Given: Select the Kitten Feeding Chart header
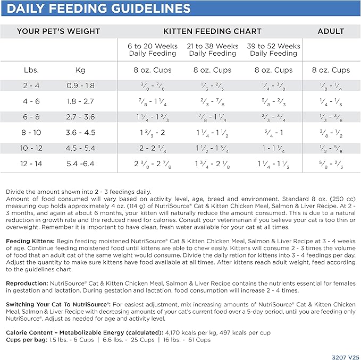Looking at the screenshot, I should click(213, 31).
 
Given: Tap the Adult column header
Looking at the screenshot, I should click(331, 31).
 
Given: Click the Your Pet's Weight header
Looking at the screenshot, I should click(58, 31).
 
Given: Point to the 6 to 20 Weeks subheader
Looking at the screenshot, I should click(152, 50).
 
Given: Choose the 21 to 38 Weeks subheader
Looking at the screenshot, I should click(213, 50).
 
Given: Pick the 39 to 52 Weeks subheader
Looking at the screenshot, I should click(273, 50).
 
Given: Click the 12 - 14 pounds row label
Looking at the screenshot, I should click(31, 164).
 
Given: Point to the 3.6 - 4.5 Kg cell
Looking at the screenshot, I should click(81, 133).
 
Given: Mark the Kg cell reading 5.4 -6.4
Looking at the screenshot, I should click(81, 164).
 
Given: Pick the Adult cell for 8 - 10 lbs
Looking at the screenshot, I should click(331, 133).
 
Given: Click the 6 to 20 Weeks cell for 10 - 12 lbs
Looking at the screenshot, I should click(152, 149).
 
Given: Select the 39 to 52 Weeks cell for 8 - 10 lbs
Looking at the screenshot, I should click(273, 133).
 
